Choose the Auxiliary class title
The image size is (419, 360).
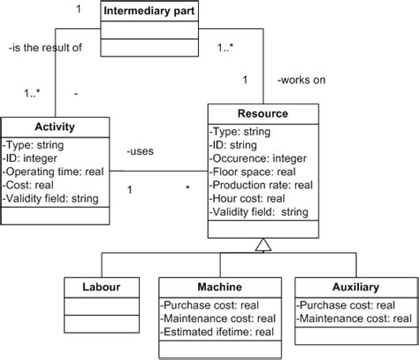pyautogui.click(x=353, y=287)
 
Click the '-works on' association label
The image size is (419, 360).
pyautogui.click(x=301, y=80)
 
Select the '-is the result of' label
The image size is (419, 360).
pyautogui.click(x=44, y=48)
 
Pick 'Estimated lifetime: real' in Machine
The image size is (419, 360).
pyautogui.click(x=217, y=332)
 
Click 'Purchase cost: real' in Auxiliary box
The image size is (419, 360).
pyautogui.click(x=346, y=303)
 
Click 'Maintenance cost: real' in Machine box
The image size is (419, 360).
pyautogui.click(x=218, y=318)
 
